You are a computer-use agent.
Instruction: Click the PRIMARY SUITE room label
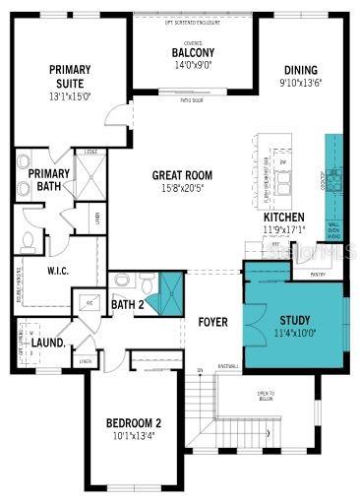coord(71,76)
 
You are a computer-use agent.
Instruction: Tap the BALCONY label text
coord(194,52)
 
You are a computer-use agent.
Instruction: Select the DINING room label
coord(301,71)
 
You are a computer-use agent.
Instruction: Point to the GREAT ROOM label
coord(182,175)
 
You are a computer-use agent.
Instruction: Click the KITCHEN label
coord(283,217)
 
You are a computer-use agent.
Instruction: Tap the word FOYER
coord(213,321)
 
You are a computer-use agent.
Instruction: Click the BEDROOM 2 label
coord(133,424)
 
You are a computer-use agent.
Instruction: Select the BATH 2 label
coord(127,304)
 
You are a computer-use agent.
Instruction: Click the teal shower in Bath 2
coord(171,291)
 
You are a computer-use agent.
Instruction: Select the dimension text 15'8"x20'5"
coord(182,188)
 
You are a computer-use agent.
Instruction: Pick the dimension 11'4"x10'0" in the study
coord(295,333)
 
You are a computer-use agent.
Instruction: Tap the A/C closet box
coord(90,304)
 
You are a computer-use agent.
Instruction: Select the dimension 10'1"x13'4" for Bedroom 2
coord(133,437)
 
